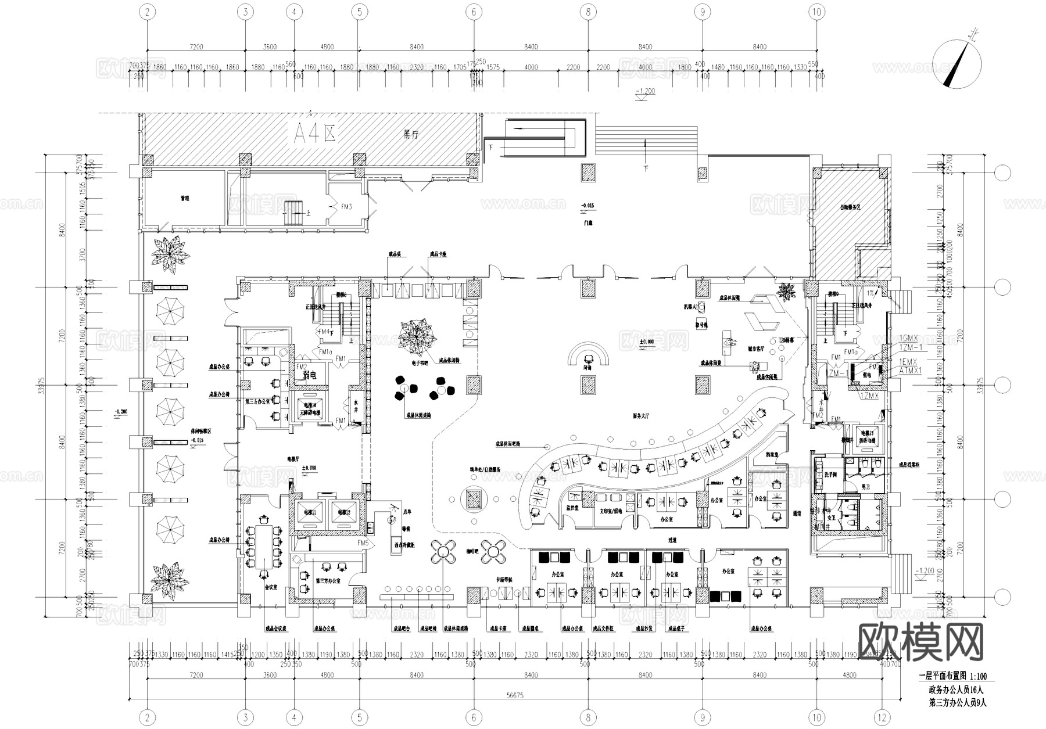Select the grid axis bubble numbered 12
coord(883,718)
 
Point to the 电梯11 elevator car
coord(306,513)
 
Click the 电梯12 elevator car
coord(341,513)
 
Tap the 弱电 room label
coord(309,375)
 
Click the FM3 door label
coord(346,206)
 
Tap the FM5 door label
coord(364,543)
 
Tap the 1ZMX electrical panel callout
coord(869,396)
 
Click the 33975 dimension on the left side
coord(41,385)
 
